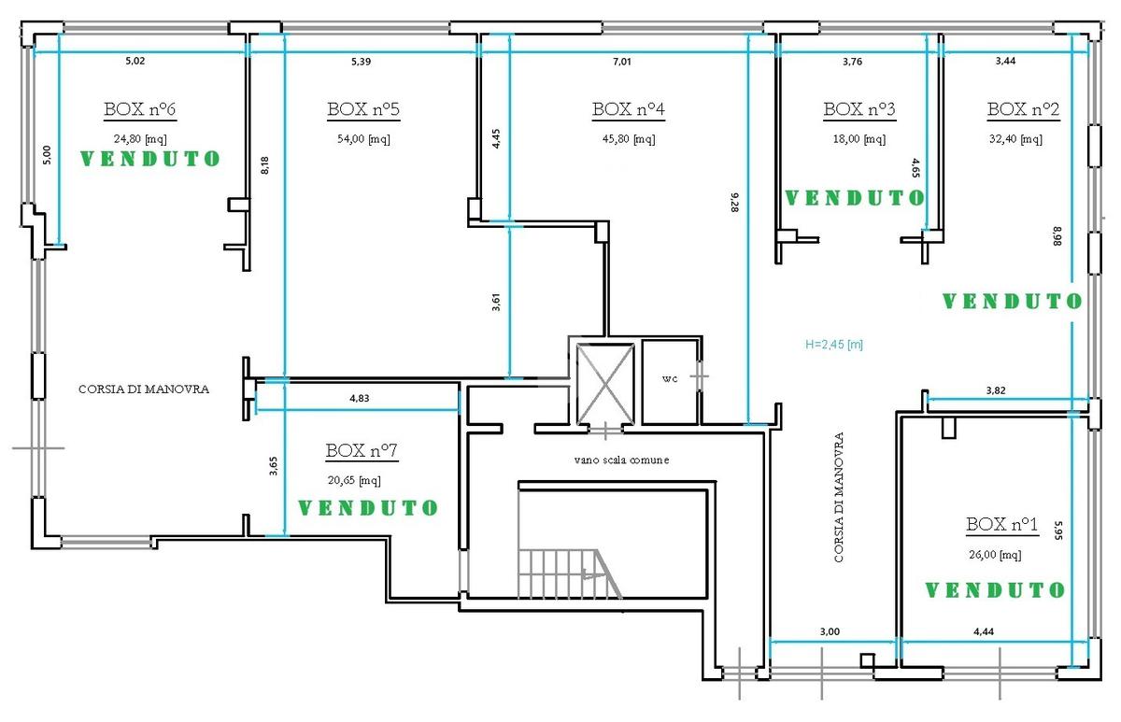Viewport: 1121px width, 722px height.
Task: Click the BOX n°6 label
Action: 139,109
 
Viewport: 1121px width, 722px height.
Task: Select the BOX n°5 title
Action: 363,109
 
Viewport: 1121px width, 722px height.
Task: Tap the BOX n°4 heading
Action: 629,109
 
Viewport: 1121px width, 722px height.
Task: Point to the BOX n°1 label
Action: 1001,524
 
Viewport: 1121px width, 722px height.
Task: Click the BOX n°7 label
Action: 362,451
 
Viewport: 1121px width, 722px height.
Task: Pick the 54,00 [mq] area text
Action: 363,138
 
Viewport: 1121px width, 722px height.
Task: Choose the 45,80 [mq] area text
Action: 629,138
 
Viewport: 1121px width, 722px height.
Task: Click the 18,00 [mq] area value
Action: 859,138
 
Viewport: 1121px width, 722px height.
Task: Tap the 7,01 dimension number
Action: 622,62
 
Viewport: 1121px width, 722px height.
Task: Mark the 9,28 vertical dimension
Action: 734,203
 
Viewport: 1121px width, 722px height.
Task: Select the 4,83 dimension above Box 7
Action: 360,398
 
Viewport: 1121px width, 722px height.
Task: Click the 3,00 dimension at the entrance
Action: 830,631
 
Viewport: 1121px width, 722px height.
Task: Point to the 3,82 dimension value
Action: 996,390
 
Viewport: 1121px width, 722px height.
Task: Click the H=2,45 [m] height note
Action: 834,345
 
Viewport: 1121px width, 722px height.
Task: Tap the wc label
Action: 670,379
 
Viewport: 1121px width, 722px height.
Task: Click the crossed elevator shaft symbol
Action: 605,384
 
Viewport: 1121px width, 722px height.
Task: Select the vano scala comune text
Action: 621,460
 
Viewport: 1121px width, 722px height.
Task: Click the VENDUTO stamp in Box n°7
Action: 368,508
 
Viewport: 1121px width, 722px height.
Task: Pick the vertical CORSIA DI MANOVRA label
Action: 839,497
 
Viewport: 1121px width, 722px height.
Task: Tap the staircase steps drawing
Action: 569,573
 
